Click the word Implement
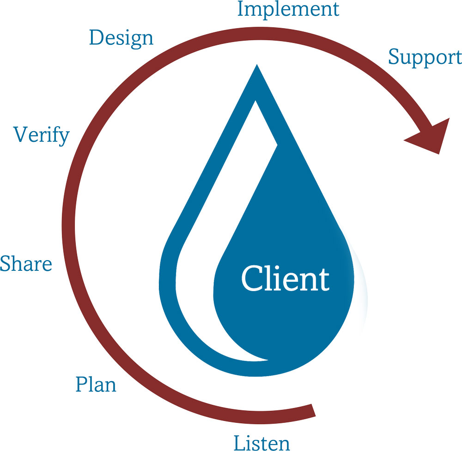coord(288,10)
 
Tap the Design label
coord(121,37)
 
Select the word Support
coord(425,57)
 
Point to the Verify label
coord(42,135)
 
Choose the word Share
coord(26,264)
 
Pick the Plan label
coord(96,384)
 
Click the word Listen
coord(262,442)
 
